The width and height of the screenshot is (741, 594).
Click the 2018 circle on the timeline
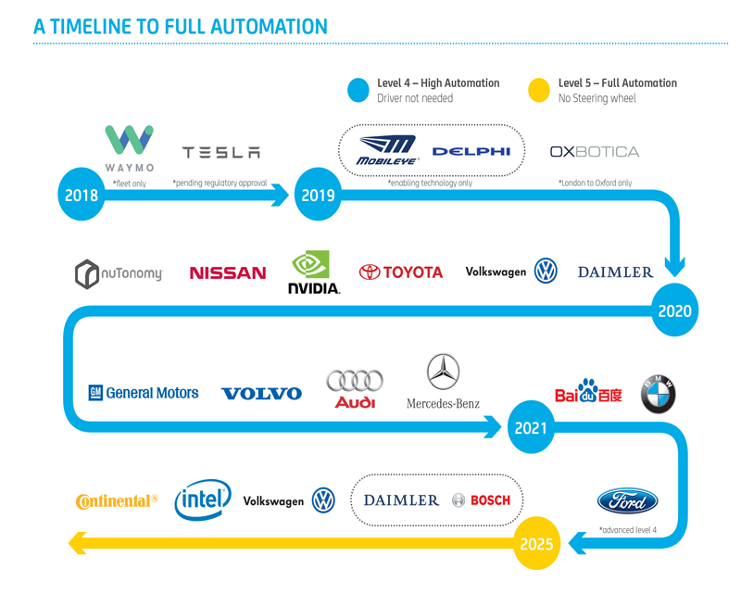click(82, 195)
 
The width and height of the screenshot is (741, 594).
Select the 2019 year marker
click(318, 195)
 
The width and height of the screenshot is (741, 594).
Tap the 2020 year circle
click(674, 310)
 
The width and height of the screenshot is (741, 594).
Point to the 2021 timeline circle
click(531, 428)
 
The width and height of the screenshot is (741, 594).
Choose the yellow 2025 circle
click(537, 543)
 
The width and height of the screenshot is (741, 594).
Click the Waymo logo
click(129, 147)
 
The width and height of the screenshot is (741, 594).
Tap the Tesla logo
click(221, 153)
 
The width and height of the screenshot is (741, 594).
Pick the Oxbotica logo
click(594, 151)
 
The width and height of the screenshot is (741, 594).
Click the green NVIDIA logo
click(313, 272)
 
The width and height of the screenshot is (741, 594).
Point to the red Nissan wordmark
click(227, 273)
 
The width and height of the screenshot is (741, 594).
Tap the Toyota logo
click(401, 272)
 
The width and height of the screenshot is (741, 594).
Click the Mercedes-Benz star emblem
click(443, 372)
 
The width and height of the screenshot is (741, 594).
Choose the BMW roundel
click(659, 395)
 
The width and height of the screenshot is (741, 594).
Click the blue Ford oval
click(627, 501)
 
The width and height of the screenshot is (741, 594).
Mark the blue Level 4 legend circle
click(358, 89)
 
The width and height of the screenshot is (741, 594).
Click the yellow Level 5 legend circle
click(538, 89)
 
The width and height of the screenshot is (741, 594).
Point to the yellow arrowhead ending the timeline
click(79, 543)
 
